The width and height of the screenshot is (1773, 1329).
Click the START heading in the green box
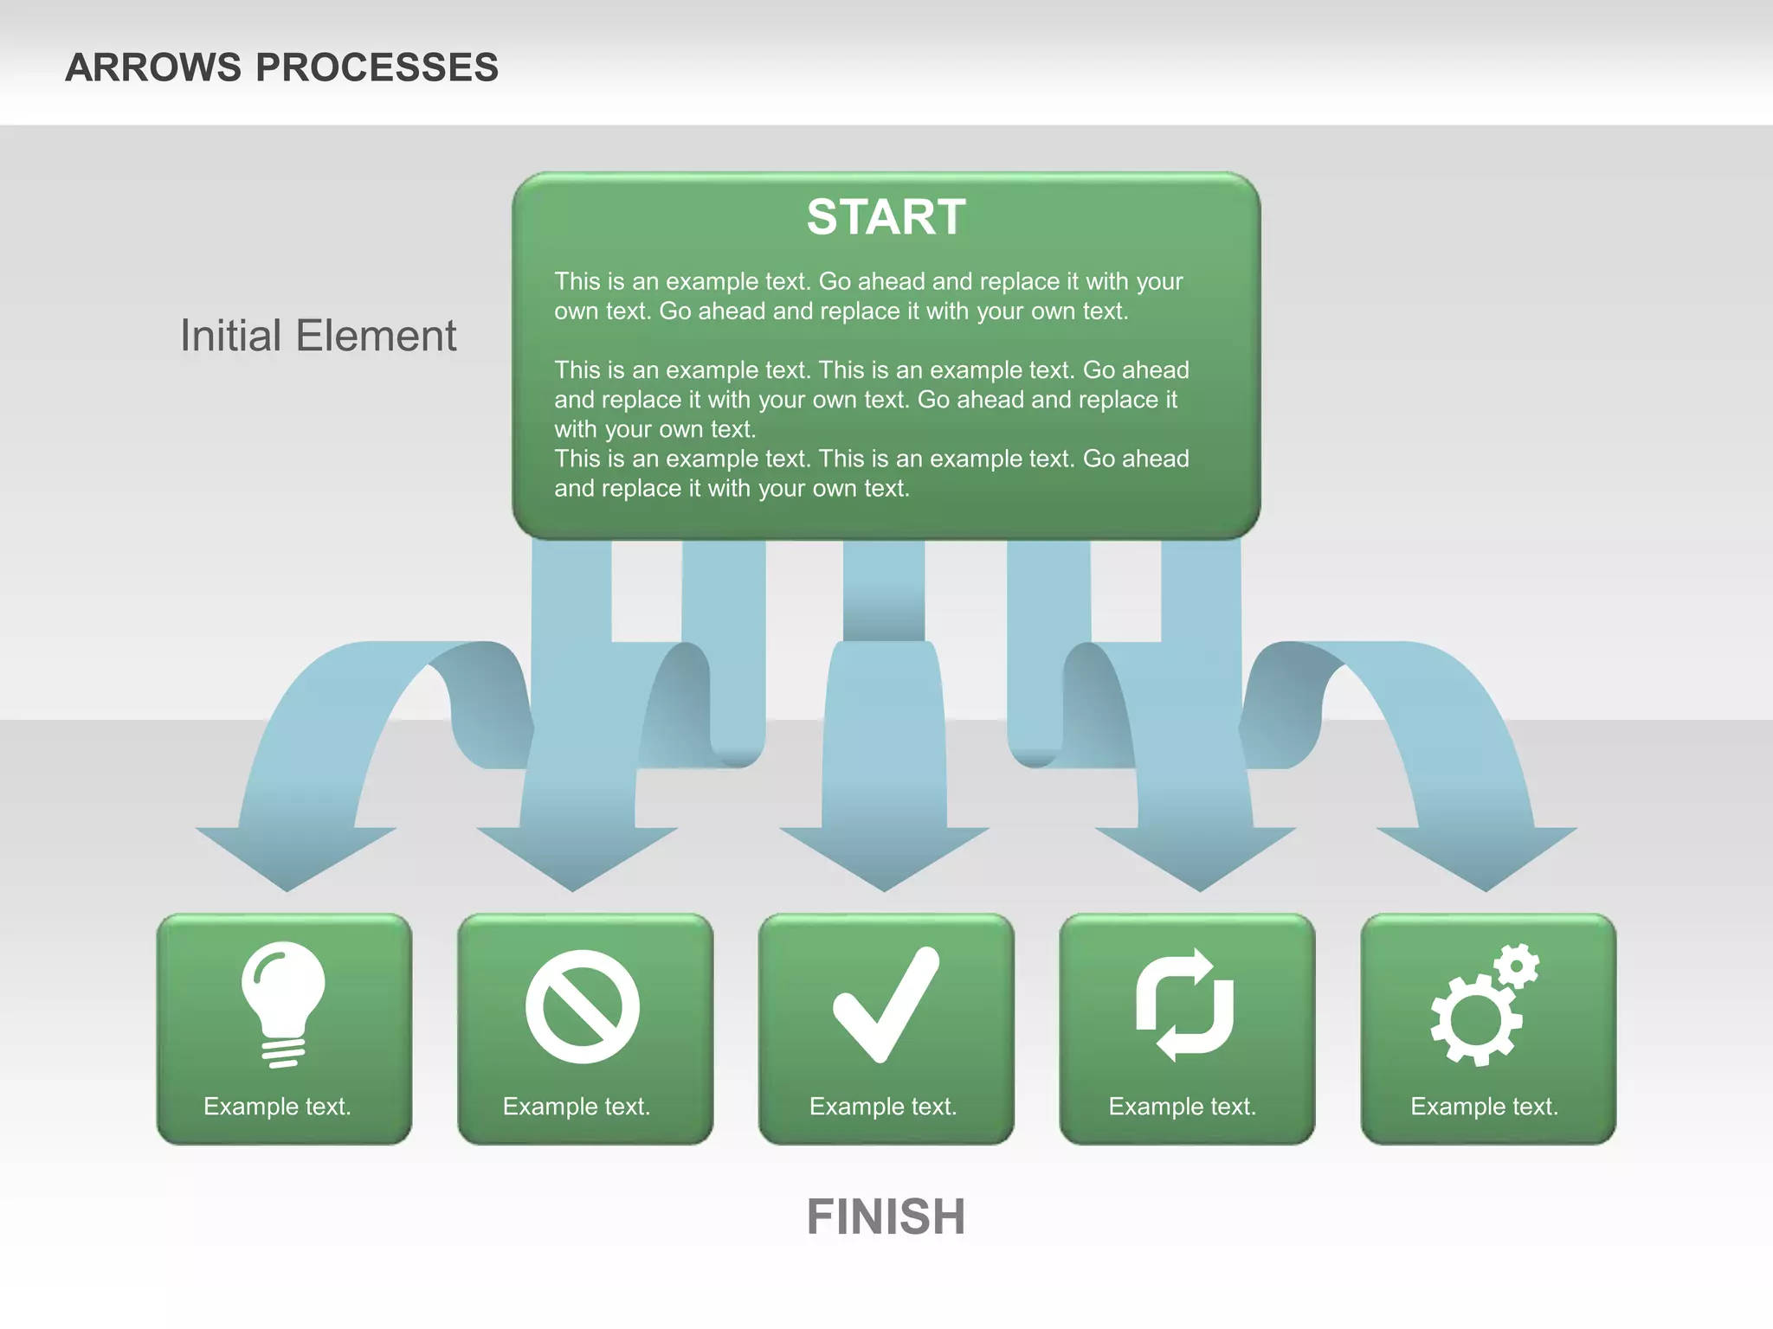tap(886, 216)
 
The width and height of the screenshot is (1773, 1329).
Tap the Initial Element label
tap(318, 336)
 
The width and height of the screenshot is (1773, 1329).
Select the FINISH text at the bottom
tap(886, 1217)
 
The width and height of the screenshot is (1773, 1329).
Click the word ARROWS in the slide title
tap(153, 67)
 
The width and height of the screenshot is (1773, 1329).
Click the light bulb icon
tap(283, 1004)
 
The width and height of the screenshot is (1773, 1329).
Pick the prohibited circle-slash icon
tap(583, 1006)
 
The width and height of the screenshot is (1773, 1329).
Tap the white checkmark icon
tap(886, 1004)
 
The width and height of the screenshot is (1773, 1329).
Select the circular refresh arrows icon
tap(1185, 1005)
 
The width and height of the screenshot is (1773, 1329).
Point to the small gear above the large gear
tap(1517, 966)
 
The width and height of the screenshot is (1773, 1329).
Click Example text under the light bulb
tap(277, 1107)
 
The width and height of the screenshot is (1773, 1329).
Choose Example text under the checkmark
tap(883, 1107)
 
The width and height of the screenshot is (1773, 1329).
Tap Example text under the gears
tap(1484, 1107)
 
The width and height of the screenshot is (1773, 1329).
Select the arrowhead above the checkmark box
tap(884, 857)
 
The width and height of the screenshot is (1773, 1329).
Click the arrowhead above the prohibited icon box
tap(575, 857)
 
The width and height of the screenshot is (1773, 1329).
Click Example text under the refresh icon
tap(1182, 1107)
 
